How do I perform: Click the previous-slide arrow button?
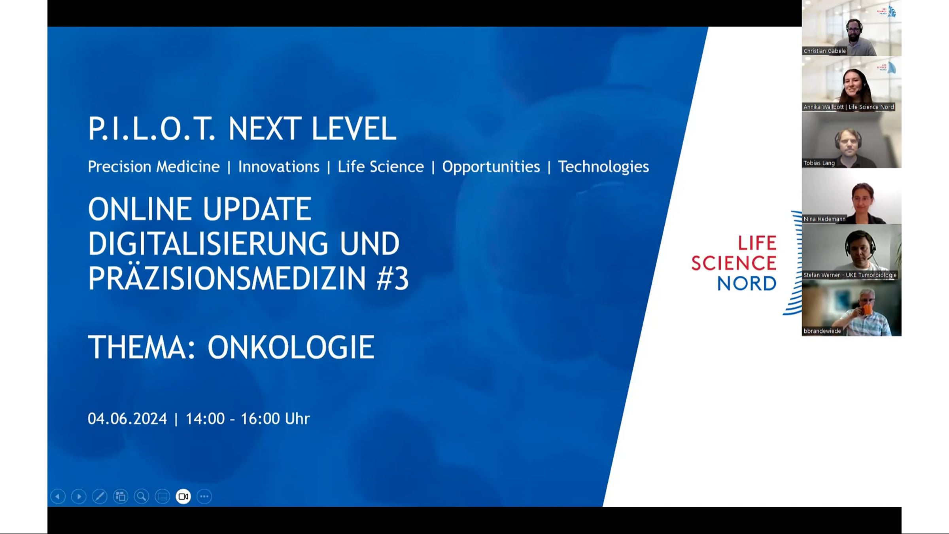point(58,496)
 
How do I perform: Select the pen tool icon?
point(100,496)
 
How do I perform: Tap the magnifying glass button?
point(142,496)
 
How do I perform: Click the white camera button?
point(183,496)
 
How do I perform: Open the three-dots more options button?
point(204,496)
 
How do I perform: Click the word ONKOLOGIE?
point(291,347)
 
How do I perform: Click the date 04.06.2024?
point(127,418)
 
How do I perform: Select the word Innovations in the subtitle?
point(279,167)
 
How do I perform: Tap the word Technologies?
point(603,167)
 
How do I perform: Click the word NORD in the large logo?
point(747,284)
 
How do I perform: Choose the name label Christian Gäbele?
point(824,51)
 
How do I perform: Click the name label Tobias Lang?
point(819,163)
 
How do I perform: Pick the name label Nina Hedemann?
point(824,219)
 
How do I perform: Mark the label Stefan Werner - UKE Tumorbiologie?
point(850,275)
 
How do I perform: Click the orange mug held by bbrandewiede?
point(866,309)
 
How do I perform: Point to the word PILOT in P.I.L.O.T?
point(152,129)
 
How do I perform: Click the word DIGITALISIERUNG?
point(208,244)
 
